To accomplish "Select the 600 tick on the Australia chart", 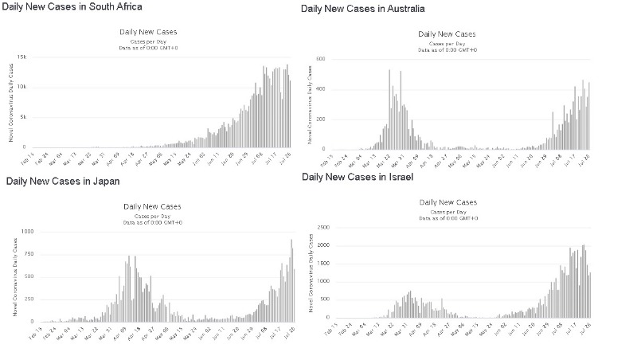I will [x=318, y=59].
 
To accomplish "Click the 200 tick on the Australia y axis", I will [x=318, y=119].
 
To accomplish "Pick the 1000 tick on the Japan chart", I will [x=26, y=231].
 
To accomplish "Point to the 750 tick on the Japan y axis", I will [x=28, y=253].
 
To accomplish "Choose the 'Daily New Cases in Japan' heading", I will [x=63, y=181].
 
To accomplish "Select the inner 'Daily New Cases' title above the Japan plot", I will [x=152, y=207].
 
